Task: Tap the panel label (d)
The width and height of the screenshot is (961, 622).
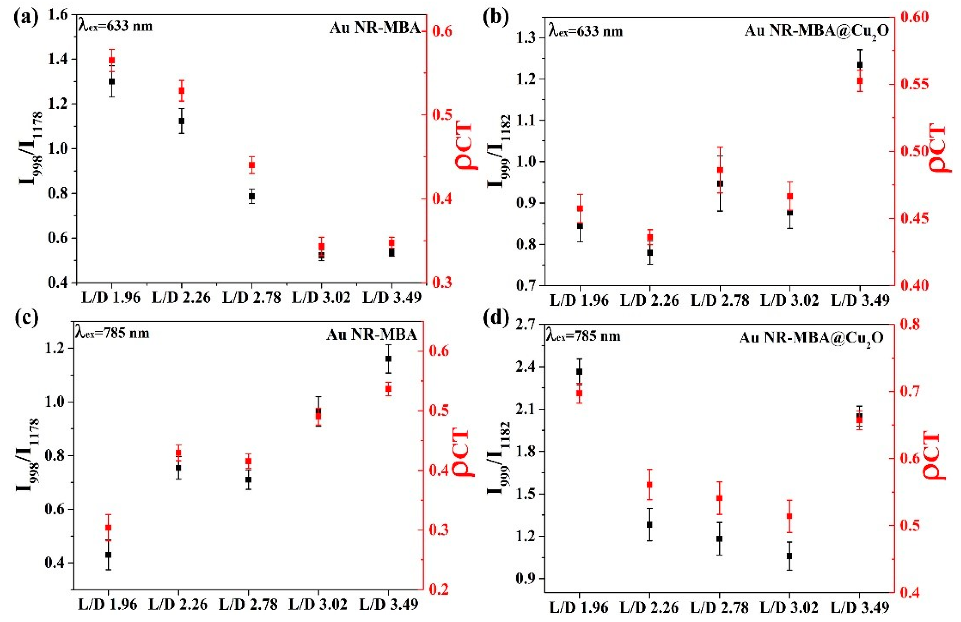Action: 496,318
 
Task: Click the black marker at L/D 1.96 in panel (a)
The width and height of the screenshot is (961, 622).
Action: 112,81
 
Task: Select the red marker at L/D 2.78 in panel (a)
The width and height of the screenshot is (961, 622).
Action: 252,165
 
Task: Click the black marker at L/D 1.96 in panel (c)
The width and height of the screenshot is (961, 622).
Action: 108,555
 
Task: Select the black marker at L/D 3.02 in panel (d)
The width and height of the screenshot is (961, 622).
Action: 789,556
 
